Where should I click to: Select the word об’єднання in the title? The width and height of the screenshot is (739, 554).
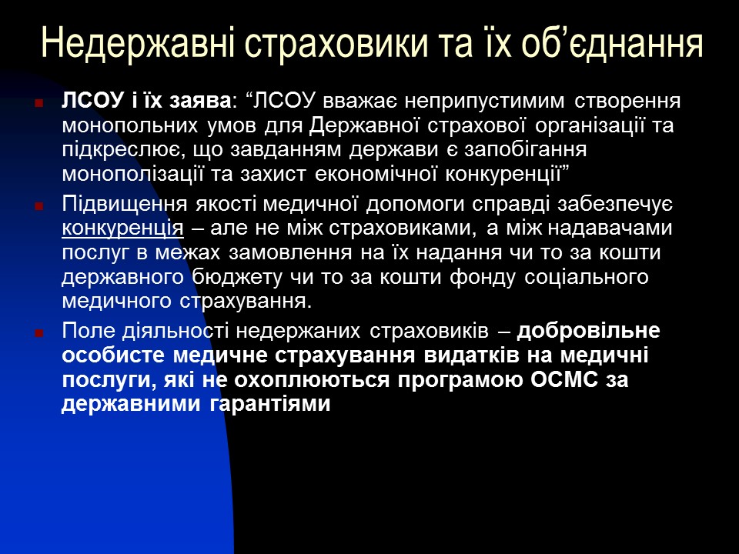[x=608, y=44]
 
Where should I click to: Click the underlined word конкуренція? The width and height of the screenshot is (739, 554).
[x=122, y=229]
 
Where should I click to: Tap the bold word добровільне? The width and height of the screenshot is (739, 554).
[x=589, y=332]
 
